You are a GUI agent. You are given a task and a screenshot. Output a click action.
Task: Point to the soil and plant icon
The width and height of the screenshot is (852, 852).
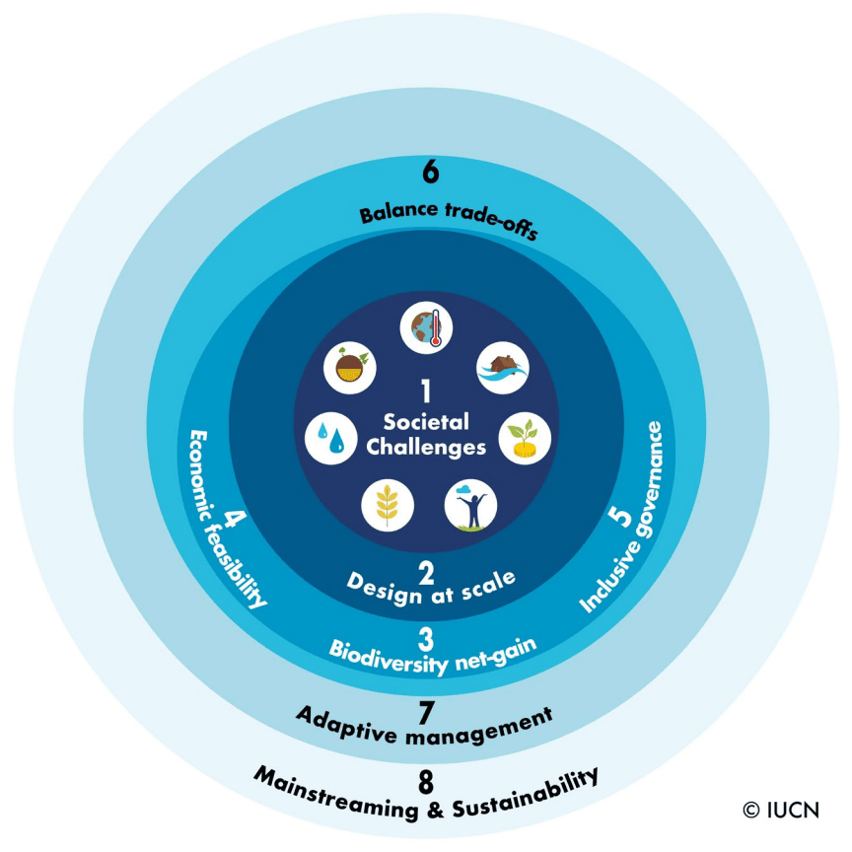350,369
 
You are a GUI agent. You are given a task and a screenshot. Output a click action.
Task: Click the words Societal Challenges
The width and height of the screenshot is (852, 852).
426,434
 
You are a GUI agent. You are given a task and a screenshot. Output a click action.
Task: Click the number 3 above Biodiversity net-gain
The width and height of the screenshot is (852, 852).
426,636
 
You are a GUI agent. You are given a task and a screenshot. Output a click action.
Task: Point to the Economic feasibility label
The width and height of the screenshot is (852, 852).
228,518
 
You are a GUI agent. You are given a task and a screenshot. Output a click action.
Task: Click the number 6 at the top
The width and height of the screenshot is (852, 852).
430,172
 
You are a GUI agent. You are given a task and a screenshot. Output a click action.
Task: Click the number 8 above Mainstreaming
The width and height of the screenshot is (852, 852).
426,783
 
